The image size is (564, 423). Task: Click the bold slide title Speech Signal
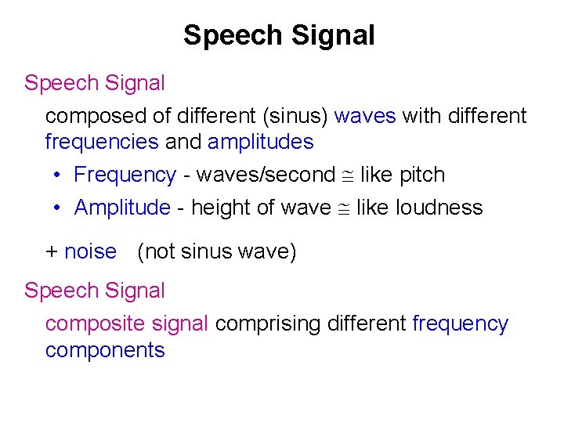(x=279, y=35)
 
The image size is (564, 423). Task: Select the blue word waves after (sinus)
(x=364, y=116)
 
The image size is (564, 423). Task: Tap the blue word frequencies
(x=102, y=142)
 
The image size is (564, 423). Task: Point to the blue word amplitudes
(x=261, y=142)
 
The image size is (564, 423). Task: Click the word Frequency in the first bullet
(x=125, y=175)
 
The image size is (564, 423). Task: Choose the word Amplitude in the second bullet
(x=121, y=208)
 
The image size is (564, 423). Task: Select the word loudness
(x=439, y=208)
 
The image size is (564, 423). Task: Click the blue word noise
(x=90, y=251)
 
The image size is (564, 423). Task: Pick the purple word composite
(x=87, y=324)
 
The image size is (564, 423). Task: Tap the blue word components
(x=105, y=349)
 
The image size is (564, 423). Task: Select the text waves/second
(x=265, y=175)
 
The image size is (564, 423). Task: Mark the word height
(x=217, y=208)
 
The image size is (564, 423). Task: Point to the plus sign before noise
(x=52, y=251)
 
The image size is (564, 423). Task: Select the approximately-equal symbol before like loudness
(x=343, y=208)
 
